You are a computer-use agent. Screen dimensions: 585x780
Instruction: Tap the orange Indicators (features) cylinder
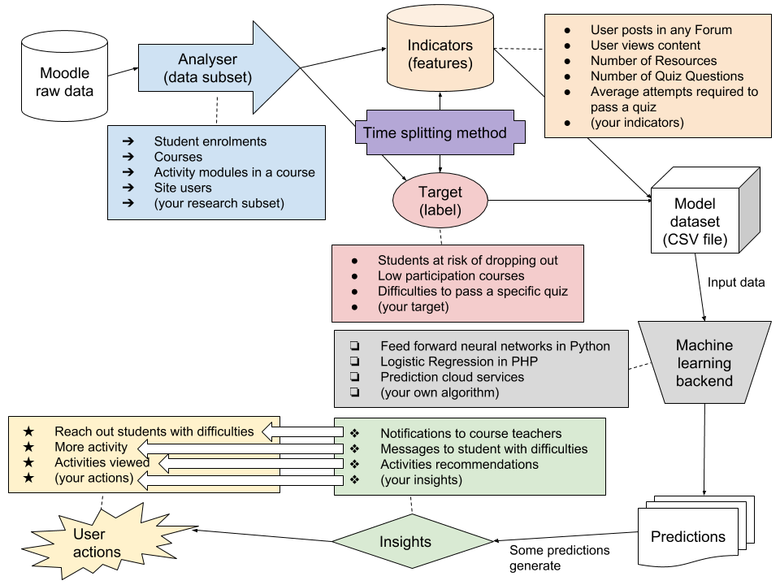pos(440,54)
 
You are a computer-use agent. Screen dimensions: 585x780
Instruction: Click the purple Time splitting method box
pos(435,132)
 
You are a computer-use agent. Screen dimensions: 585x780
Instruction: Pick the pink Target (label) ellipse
pos(440,201)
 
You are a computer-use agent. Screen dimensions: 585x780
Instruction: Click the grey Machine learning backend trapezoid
pos(704,362)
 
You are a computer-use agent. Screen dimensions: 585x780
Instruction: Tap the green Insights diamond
pos(412,541)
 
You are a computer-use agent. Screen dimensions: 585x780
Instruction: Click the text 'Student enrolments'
pos(210,141)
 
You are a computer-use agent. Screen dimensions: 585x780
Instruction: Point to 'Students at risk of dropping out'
pos(467,261)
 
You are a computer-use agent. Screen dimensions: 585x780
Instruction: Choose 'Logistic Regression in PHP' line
pos(459,362)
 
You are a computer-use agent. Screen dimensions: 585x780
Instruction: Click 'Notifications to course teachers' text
pos(470,433)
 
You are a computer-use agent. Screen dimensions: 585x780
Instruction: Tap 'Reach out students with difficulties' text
pos(154,431)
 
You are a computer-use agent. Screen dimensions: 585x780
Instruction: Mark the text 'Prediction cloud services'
pos(452,377)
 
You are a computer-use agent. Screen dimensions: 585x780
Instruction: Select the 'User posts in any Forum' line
pos(661,30)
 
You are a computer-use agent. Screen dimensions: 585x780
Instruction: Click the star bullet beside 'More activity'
pos(29,447)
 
